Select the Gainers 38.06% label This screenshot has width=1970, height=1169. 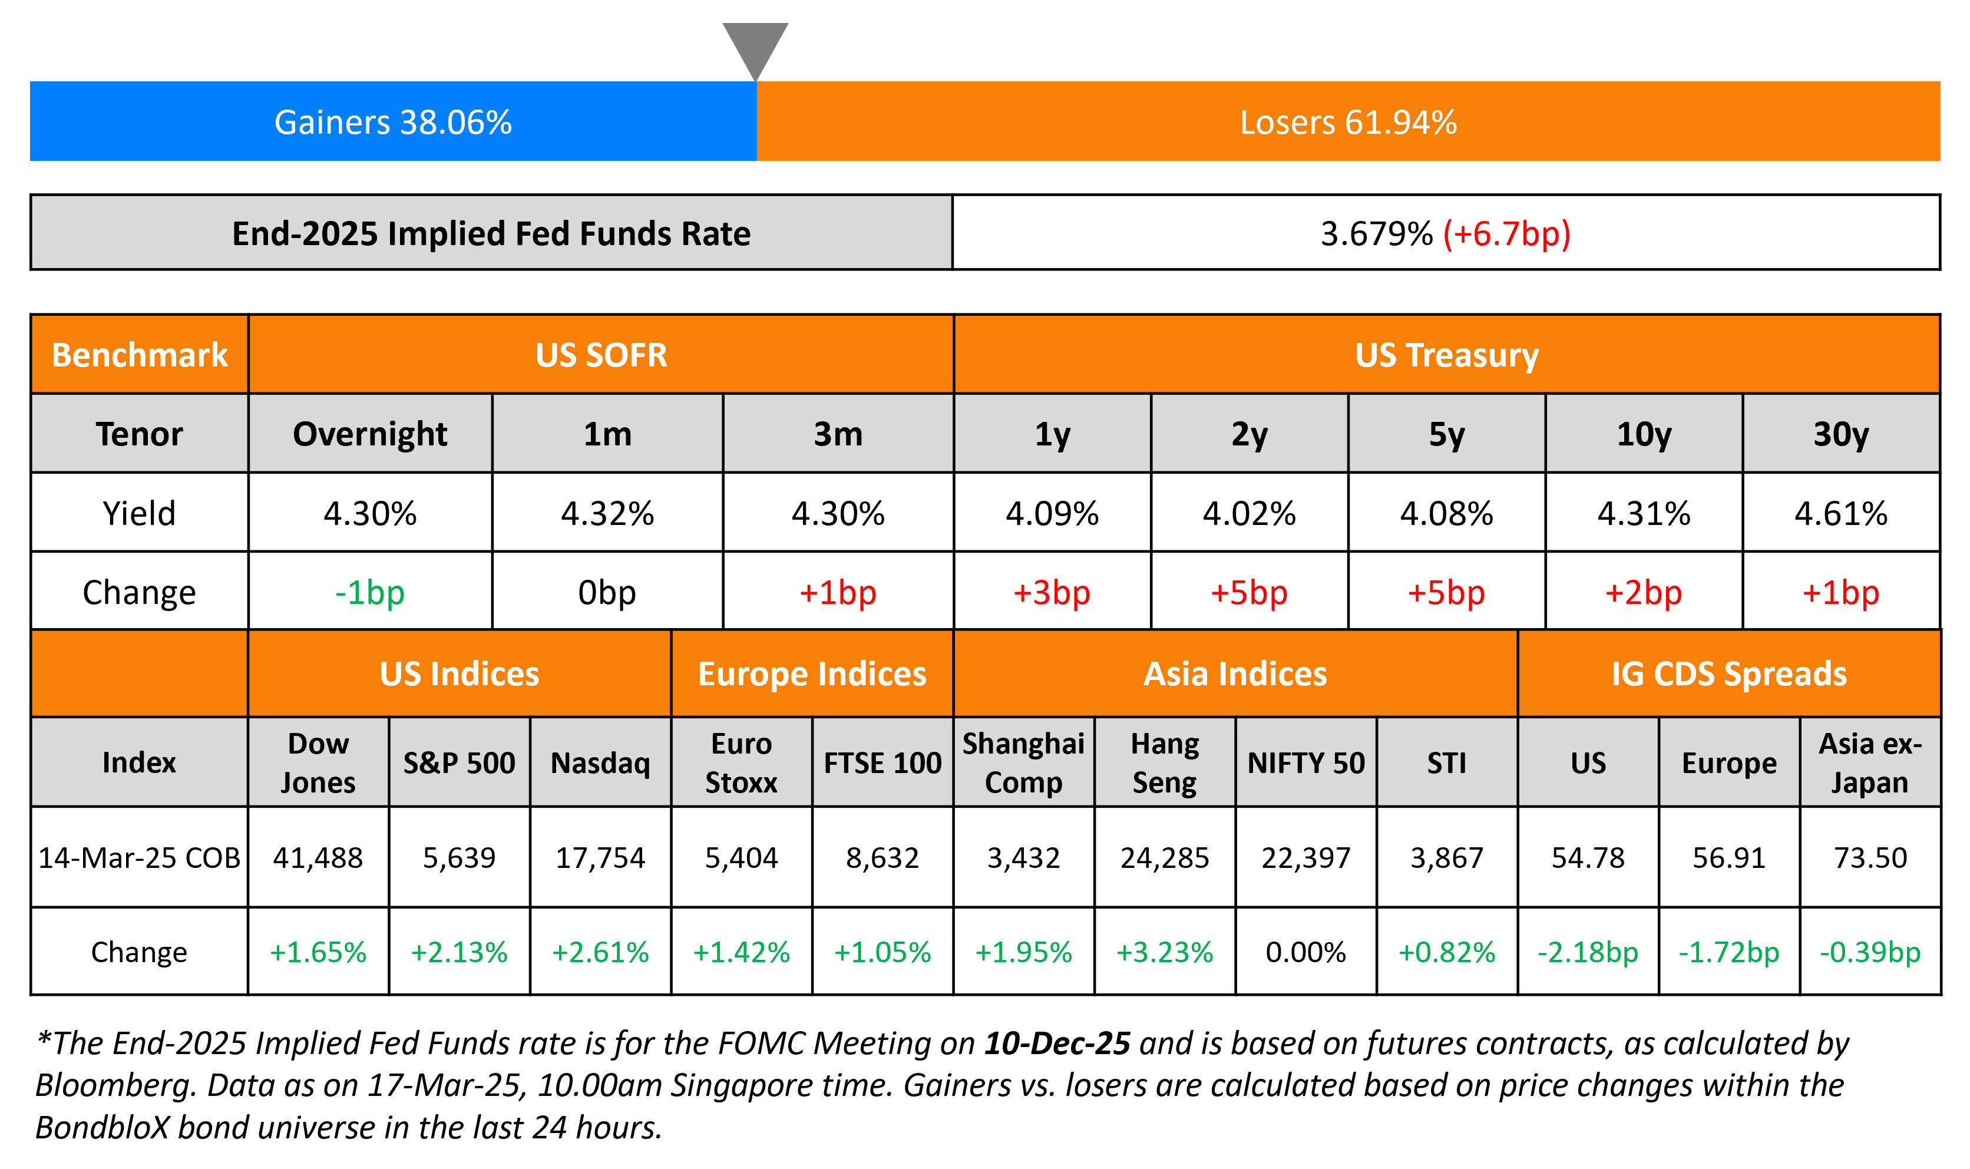point(393,122)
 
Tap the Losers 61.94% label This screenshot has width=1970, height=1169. point(1348,122)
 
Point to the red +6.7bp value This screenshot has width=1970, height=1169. point(1506,234)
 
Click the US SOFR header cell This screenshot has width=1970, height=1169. point(601,355)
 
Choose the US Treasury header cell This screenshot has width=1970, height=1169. point(1446,355)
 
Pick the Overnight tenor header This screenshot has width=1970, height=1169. point(369,434)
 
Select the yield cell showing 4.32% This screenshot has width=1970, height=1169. point(607,514)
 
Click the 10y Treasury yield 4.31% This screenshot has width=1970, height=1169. point(1643,514)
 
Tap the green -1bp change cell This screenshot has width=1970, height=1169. point(369,592)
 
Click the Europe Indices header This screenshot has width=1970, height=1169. point(812,674)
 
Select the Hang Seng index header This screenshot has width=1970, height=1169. point(1165,762)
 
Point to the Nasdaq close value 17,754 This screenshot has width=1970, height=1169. point(600,858)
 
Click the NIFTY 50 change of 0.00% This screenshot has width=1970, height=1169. point(1305,952)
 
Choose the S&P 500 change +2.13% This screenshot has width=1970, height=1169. point(459,952)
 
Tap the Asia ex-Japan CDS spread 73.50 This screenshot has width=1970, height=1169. point(1870,858)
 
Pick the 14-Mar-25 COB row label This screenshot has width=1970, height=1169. point(140,858)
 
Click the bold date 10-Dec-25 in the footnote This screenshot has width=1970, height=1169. point(1057,1043)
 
